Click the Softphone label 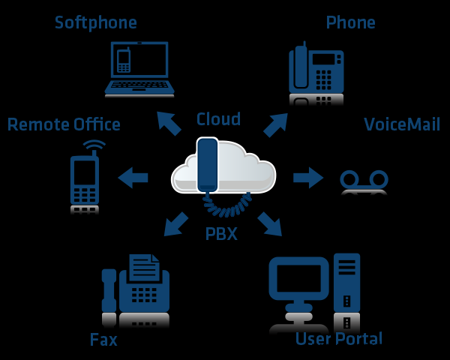coord(95,22)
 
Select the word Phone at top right coord(350,22)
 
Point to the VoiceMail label coord(402,124)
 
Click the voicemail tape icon coord(364,180)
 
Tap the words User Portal coord(339,338)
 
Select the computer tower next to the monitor coord(347,289)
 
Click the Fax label coord(103,340)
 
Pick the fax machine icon coord(136,289)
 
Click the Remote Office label coord(64,124)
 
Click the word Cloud coord(218,119)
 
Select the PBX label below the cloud coord(221,234)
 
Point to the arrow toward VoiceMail coord(307,178)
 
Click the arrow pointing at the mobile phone coord(133,178)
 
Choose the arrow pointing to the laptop coord(168,123)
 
